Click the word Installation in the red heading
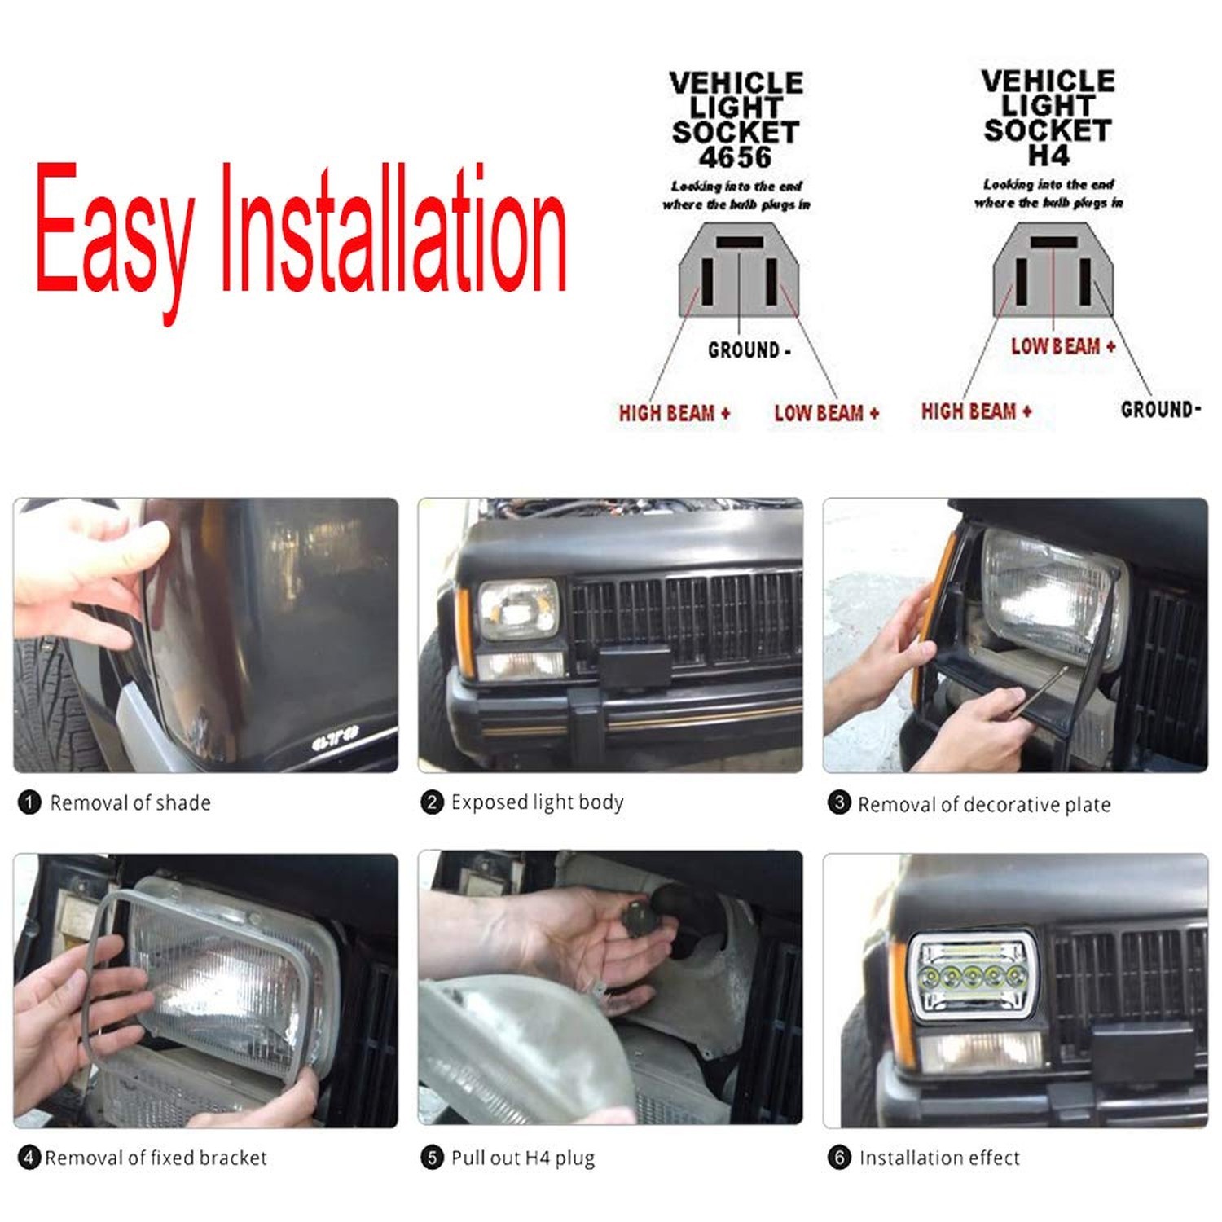click(394, 227)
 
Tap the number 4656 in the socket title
click(735, 157)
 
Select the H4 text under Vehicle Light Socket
click(1048, 155)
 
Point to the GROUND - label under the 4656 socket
click(749, 350)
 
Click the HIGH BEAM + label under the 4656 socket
click(675, 413)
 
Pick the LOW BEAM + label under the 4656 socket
click(827, 413)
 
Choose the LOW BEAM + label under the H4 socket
click(1063, 346)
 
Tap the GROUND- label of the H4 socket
click(1161, 409)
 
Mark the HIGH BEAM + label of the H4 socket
click(977, 411)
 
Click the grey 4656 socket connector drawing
click(739, 270)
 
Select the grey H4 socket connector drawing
click(1053, 270)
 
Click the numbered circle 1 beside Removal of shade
click(29, 803)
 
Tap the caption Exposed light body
click(538, 802)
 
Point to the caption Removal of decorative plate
click(984, 805)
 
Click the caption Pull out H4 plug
click(523, 1158)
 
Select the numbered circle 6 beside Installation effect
click(839, 1157)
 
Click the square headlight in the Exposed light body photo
click(519, 609)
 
